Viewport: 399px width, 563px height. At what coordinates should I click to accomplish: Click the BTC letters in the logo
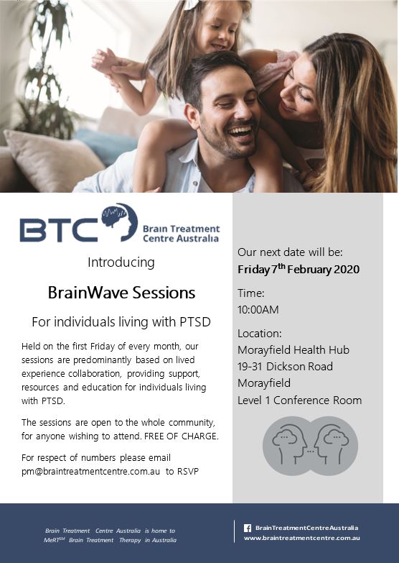(x=59, y=230)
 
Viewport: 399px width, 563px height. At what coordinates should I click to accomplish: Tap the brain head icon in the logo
(x=120, y=222)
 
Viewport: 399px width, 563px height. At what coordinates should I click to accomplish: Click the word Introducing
(x=121, y=262)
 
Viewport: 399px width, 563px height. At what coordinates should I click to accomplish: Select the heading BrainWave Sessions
(x=121, y=293)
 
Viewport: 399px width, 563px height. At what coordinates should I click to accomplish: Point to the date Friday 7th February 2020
(x=299, y=269)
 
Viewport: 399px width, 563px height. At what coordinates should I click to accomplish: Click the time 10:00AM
(x=258, y=309)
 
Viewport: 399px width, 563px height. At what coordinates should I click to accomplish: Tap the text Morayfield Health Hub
(x=294, y=349)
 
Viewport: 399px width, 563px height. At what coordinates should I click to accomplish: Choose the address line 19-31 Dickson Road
(x=286, y=366)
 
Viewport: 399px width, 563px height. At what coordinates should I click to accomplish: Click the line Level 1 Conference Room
(x=300, y=400)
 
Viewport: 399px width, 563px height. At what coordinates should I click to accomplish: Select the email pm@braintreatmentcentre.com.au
(x=90, y=471)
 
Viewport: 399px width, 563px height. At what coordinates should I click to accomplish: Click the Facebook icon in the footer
(x=248, y=528)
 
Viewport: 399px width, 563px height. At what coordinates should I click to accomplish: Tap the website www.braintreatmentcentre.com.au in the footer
(x=302, y=538)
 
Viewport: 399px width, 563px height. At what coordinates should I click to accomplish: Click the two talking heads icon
(x=311, y=446)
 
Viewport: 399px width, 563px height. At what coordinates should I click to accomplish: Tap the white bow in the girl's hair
(x=192, y=4)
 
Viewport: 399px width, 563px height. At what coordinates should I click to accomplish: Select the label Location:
(x=260, y=333)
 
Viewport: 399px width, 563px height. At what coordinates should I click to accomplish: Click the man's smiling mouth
(x=241, y=132)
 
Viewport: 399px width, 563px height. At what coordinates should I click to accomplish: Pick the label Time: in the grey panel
(x=251, y=293)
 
